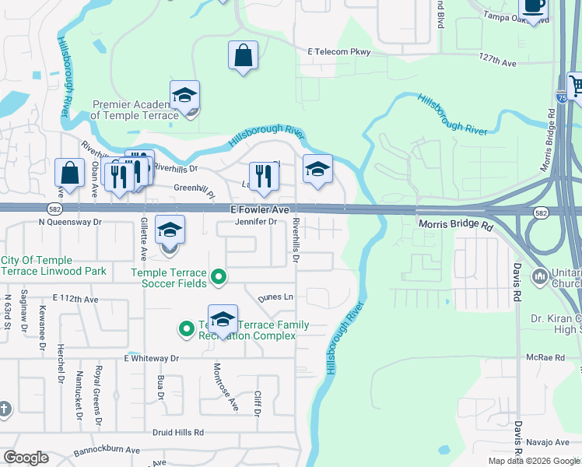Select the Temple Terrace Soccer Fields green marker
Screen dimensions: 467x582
click(219, 276)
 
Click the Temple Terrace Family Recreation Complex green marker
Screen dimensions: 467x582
click(186, 329)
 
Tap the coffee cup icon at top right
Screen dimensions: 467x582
click(533, 6)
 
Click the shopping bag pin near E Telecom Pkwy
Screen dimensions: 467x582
click(243, 56)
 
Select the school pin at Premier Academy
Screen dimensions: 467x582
click(184, 97)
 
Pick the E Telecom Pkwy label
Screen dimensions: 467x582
click(339, 52)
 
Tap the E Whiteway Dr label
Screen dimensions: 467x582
click(151, 358)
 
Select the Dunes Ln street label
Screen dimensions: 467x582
click(276, 297)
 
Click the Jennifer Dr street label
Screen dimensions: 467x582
click(256, 222)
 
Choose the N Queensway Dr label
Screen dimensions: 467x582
click(70, 222)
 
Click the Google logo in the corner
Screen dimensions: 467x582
click(26, 458)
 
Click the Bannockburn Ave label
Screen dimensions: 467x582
click(107, 450)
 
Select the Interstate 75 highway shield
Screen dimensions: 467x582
click(561, 97)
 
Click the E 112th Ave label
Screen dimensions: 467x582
click(75, 298)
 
